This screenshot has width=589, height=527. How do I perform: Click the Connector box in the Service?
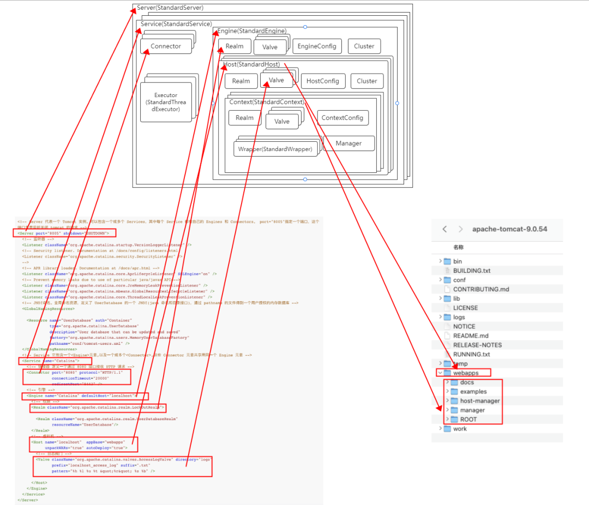coord(166,46)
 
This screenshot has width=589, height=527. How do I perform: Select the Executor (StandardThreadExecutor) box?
coord(166,102)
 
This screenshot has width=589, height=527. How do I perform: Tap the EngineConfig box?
coord(317,46)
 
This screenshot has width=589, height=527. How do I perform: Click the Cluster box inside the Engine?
coord(364,46)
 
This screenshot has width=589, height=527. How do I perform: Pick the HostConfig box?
coord(322,81)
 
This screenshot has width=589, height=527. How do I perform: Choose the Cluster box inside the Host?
coord(366,81)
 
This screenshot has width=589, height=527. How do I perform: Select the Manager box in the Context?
coord(348,143)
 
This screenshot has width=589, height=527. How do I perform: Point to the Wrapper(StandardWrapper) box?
coord(275,149)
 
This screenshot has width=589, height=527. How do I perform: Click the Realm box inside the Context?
coord(244,118)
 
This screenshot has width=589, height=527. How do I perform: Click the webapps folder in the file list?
coord(465,373)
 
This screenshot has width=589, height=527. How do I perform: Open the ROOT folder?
coord(468,419)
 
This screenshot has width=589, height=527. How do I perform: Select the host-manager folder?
coord(479,400)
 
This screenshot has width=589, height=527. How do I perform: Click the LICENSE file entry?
coord(465,308)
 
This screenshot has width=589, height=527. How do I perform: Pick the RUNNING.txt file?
coord(471,354)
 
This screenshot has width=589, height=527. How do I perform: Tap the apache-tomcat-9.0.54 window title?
coord(509,229)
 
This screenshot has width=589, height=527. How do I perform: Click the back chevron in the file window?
coord(444,229)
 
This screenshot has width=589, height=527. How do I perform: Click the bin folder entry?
coord(457,261)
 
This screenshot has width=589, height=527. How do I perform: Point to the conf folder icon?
coord(447,280)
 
